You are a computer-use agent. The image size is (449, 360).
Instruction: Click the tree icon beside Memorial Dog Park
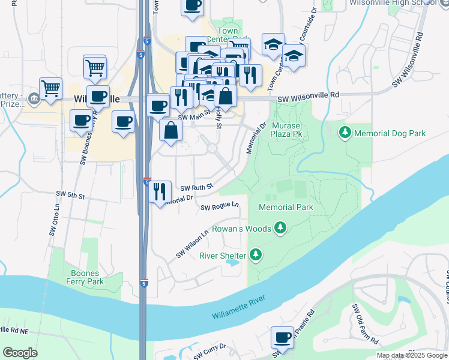pyautogui.click(x=345, y=132)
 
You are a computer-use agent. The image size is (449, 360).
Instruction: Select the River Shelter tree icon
pyautogui.click(x=256, y=255)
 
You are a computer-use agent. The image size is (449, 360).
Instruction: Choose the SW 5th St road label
pyautogui.click(x=71, y=195)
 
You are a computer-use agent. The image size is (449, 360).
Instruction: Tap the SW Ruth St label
pyautogui.click(x=197, y=188)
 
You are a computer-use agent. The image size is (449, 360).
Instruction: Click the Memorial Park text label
pyautogui.click(x=286, y=207)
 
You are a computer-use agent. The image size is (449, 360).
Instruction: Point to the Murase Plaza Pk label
pyautogui.click(x=286, y=130)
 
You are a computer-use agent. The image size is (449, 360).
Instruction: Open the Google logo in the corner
pyautogui.click(x=20, y=353)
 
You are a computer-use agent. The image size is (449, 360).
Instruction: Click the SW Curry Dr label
pyautogui.click(x=210, y=347)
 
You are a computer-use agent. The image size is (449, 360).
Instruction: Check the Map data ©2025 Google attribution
pyautogui.click(x=412, y=355)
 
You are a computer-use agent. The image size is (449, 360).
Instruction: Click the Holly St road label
pyautogui.click(x=219, y=117)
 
